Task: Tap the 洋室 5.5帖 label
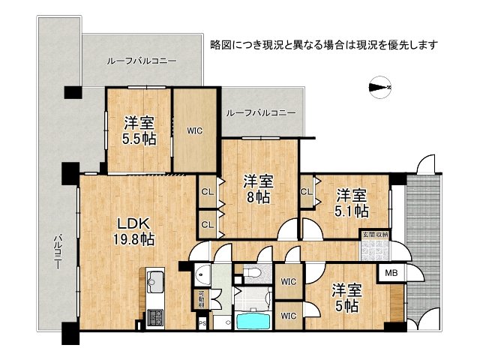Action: (x=139, y=130)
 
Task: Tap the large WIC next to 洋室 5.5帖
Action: (x=196, y=130)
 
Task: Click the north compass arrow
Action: (x=381, y=87)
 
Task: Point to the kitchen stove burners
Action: (x=156, y=318)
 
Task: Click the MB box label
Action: (x=391, y=274)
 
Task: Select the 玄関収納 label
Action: (x=374, y=234)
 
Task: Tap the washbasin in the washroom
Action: (x=201, y=274)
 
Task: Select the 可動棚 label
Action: (x=200, y=300)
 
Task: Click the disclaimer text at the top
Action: (x=324, y=44)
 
